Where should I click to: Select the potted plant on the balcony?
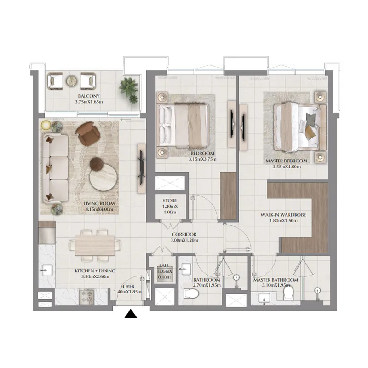point(128,89)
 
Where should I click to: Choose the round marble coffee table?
point(103,177)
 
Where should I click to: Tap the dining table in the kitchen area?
point(95,242)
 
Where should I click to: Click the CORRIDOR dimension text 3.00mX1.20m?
point(184,240)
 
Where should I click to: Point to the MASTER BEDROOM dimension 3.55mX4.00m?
point(286,167)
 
